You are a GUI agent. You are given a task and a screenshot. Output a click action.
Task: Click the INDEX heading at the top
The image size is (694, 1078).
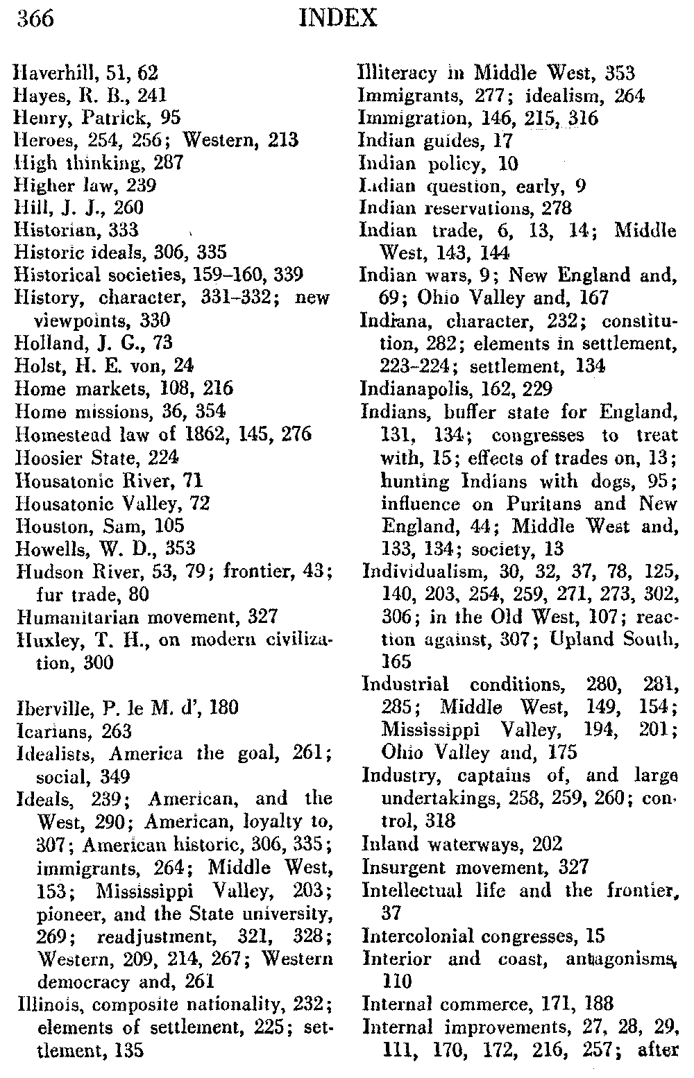337,19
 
